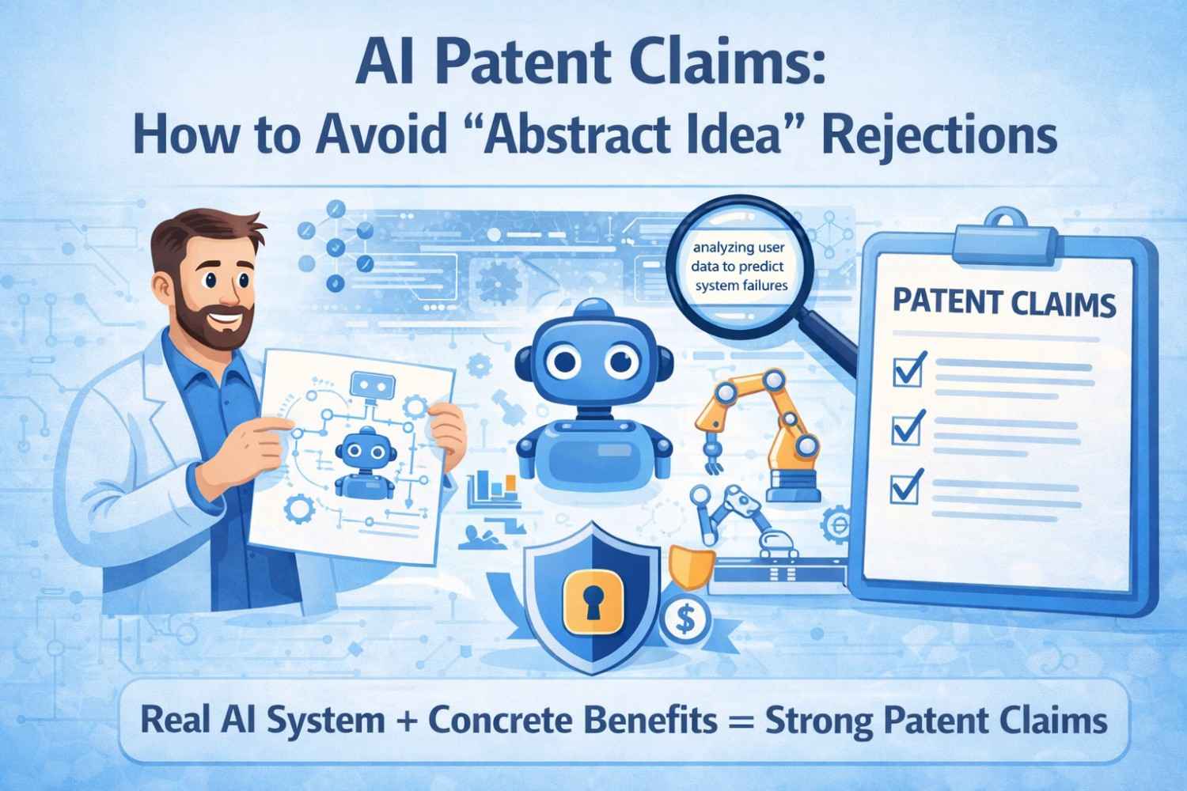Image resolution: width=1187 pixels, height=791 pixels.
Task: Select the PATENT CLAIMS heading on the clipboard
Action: point(1004,303)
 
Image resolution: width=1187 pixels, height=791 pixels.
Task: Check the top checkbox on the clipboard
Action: point(906,369)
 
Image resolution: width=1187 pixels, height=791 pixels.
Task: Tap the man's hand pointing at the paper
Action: point(257,431)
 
